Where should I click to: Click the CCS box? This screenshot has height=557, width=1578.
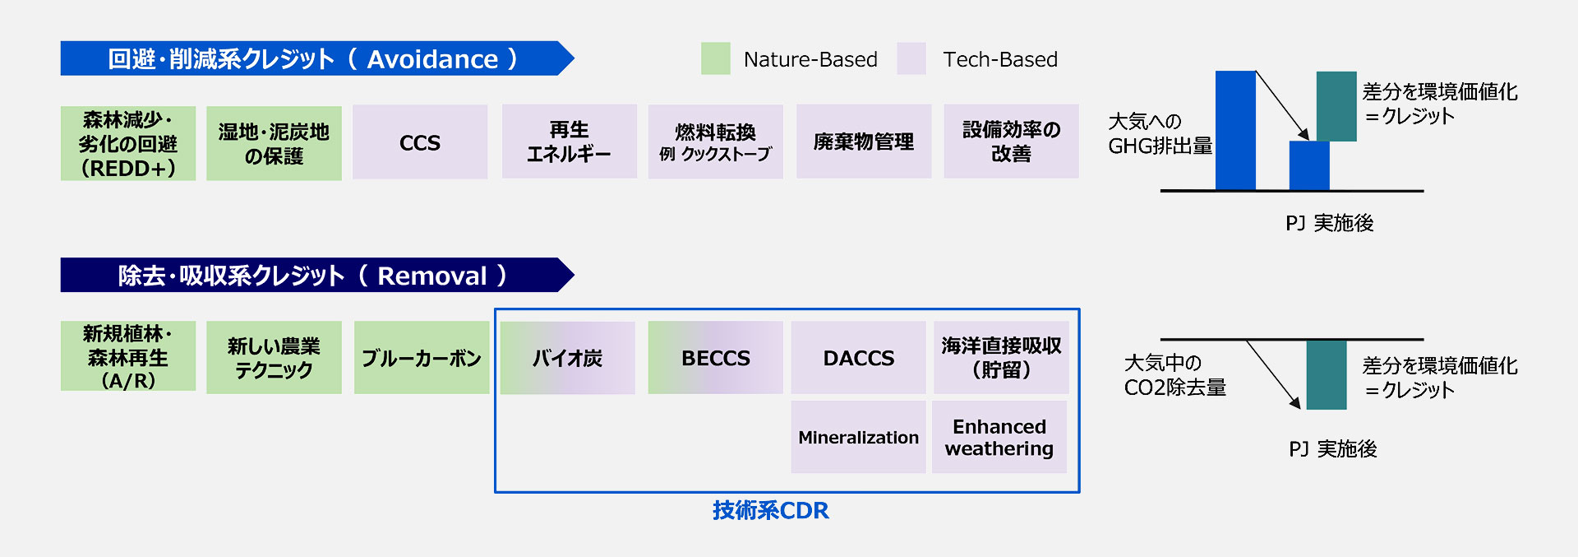[x=420, y=142]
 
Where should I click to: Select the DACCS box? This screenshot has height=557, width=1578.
[x=858, y=358]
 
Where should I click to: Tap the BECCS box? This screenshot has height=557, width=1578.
[x=715, y=358]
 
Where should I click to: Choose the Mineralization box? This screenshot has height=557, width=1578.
[x=858, y=437]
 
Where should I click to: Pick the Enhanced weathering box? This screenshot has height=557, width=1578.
[x=999, y=437]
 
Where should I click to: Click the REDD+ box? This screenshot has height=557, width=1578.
[x=128, y=143]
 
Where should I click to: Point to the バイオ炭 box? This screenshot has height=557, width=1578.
[x=567, y=358]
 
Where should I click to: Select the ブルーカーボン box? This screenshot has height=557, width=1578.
[x=422, y=358]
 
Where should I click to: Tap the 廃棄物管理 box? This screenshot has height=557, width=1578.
[x=863, y=142]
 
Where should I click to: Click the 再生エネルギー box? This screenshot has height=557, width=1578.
[x=569, y=142]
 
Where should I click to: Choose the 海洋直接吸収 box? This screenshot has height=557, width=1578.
[x=1001, y=358]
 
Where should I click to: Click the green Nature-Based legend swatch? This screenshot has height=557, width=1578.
[x=715, y=59]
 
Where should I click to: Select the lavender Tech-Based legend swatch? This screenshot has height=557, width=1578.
[x=911, y=59]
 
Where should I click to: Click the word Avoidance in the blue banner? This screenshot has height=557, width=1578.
[x=432, y=59]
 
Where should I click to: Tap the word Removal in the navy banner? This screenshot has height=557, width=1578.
[x=431, y=276]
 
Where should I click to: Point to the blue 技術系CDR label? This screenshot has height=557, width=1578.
[x=770, y=510]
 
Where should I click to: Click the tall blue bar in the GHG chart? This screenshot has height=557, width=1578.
[x=1235, y=130]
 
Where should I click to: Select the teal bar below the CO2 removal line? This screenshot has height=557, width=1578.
[x=1326, y=374]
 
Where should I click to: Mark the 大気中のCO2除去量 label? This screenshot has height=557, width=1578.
[x=1174, y=375]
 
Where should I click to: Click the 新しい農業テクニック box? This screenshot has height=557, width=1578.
[x=274, y=358]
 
